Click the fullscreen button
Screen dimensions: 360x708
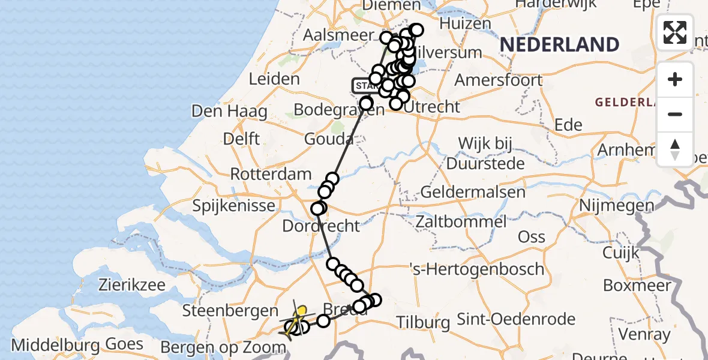point(675,32)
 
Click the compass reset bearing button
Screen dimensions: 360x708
point(675,149)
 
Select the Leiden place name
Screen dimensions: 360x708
point(274,79)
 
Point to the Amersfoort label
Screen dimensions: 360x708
point(499,80)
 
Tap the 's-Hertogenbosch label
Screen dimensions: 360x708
point(477,268)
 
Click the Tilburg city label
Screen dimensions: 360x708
point(424,322)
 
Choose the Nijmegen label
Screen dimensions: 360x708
point(616,206)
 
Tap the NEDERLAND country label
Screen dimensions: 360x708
point(559,44)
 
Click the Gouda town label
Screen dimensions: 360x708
point(329,139)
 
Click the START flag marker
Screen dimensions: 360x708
point(364,86)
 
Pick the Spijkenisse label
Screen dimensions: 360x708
point(234,206)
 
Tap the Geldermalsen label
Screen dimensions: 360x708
point(473,193)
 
